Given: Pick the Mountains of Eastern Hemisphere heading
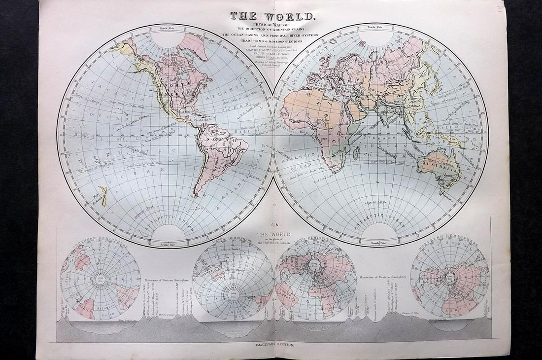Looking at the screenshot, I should coord(382,278).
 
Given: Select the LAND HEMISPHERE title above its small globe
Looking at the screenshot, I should coord(315,242).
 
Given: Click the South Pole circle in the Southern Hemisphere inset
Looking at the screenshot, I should coord(101,280).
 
